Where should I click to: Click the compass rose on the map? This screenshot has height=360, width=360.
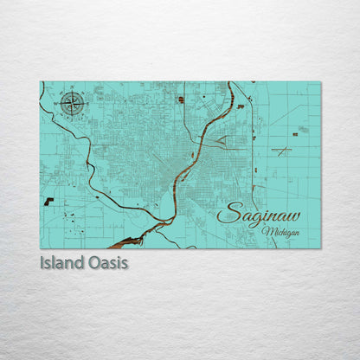point(73,106)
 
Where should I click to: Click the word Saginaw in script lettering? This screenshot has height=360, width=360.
point(259,213)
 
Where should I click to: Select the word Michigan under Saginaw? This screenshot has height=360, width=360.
point(284,233)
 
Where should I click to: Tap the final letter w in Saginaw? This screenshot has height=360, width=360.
point(292,214)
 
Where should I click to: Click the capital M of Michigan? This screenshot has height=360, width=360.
point(270,233)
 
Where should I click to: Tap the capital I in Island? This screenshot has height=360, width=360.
point(43,260)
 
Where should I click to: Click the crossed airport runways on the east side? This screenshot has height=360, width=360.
point(282,151)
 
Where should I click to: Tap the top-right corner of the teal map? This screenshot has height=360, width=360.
point(319,82)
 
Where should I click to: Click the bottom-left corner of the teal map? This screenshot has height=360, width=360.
point(41,248)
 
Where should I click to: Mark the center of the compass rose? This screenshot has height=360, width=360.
point(73,106)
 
